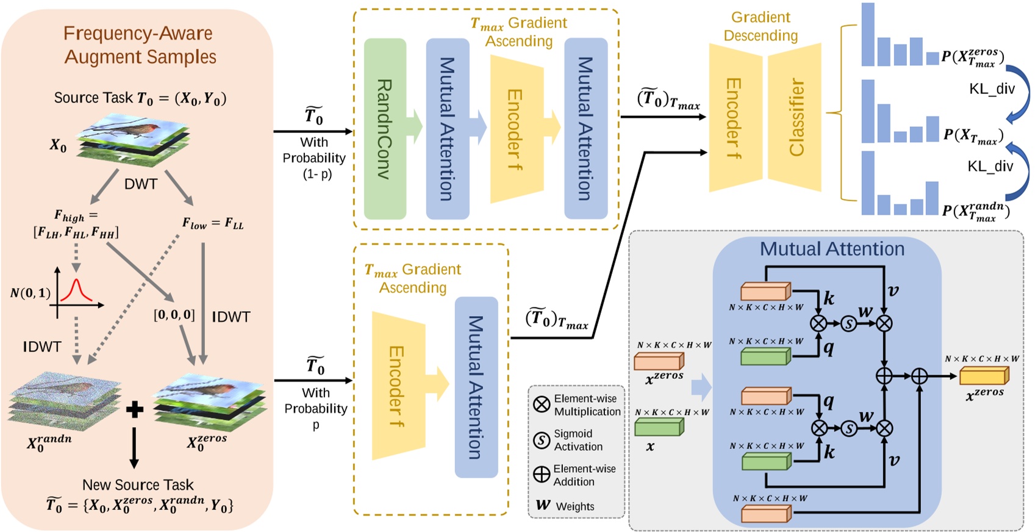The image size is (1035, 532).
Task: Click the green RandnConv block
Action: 385,129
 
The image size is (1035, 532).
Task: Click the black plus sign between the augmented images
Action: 134,409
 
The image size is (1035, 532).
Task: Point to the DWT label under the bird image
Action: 141,184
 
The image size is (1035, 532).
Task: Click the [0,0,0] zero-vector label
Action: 174,315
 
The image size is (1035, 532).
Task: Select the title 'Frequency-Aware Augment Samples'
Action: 139,45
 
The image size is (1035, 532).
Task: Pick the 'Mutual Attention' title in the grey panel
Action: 831,249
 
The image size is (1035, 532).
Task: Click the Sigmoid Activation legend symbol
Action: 542,440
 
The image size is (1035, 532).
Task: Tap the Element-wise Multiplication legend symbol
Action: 542,404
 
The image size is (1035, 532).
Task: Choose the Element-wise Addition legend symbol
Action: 542,475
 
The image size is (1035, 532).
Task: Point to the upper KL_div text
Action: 992,89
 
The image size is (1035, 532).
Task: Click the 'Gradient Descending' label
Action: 760,26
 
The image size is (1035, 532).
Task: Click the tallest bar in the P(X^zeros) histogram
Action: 867,34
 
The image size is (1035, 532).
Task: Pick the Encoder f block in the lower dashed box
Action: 397,386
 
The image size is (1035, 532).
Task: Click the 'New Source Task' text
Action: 138,485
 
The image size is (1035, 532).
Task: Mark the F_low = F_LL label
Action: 212,223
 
